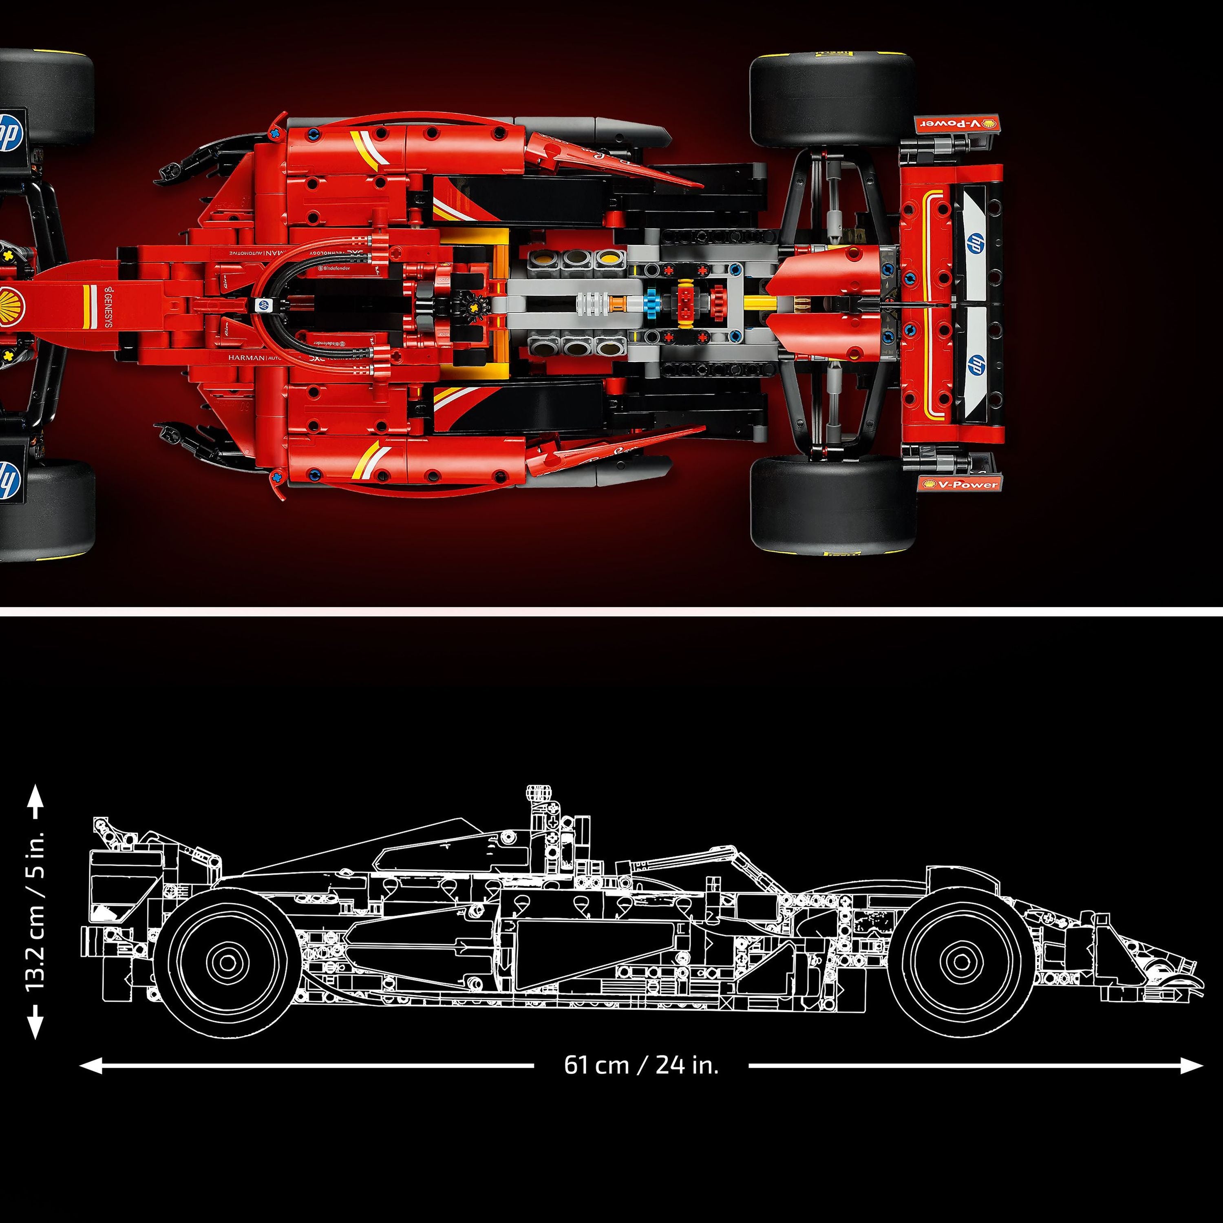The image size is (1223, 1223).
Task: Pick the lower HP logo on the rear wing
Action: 976,364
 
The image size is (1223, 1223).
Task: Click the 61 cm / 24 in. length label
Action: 641,1065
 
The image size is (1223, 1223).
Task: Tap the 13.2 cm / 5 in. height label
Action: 35,912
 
